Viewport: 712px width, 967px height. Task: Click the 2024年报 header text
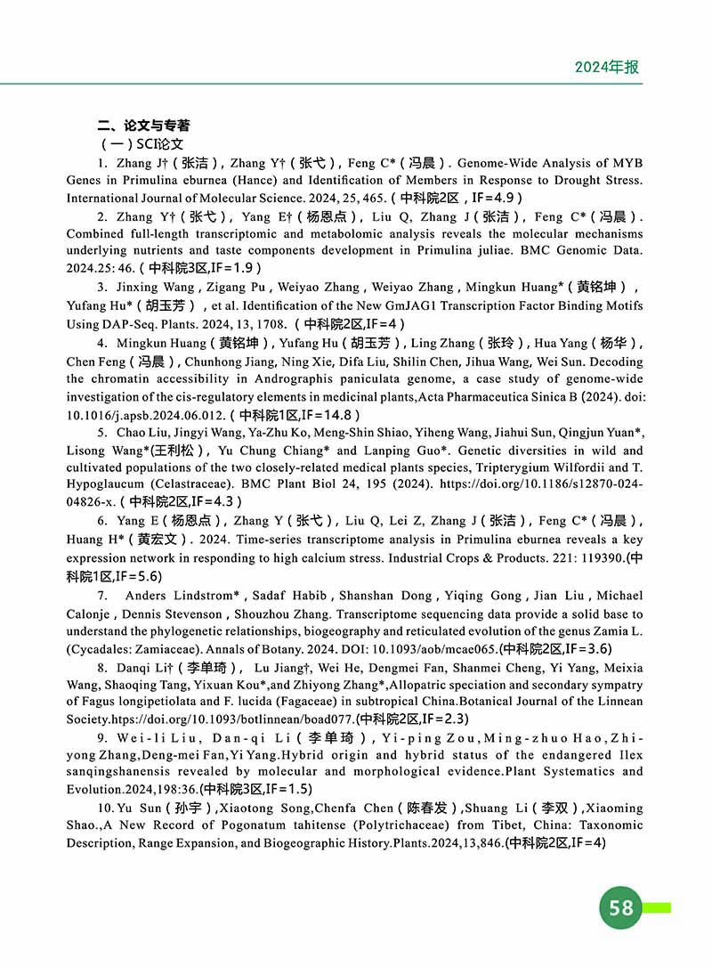[x=606, y=67]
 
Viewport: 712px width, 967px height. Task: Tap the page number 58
[x=621, y=906]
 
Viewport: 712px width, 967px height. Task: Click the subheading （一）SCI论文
[x=142, y=143]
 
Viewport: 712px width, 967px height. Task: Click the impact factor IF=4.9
[x=493, y=198]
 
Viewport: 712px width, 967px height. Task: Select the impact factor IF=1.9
[x=235, y=266]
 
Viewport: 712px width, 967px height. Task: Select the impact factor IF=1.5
[x=285, y=789]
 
